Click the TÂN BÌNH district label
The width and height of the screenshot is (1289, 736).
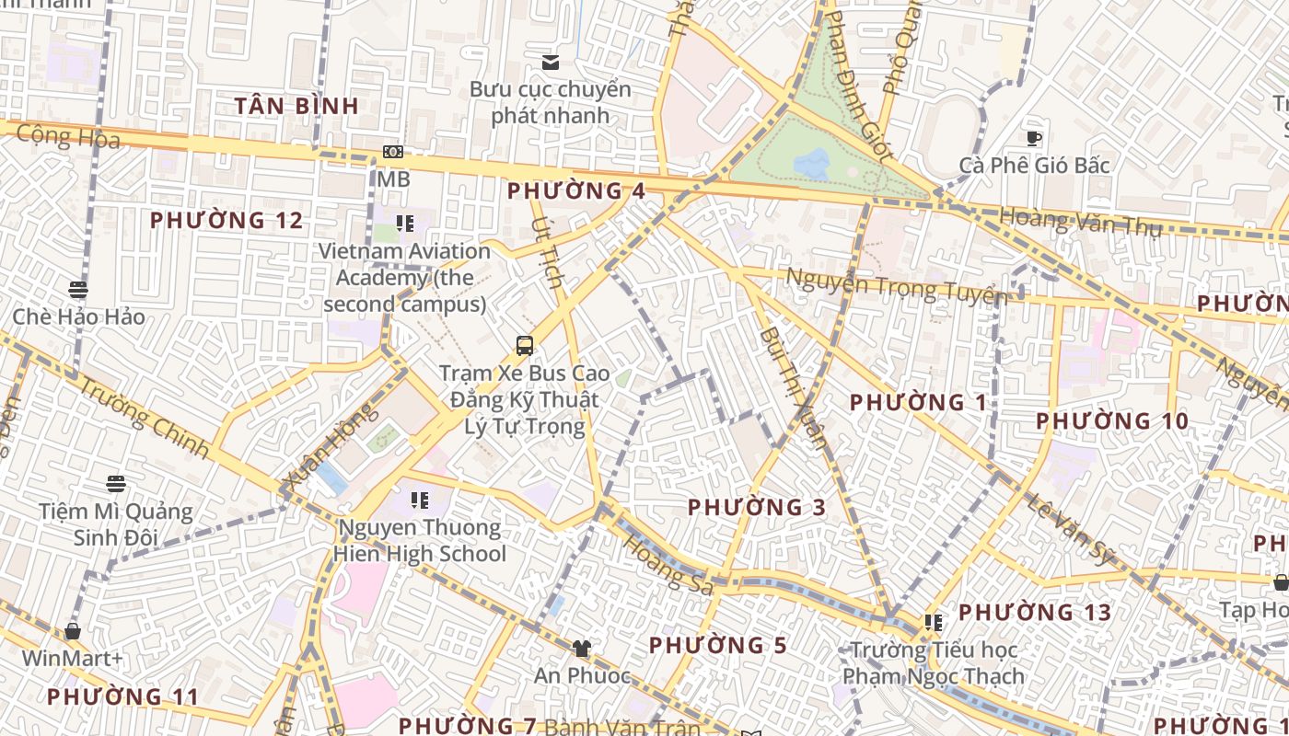pyautogui.click(x=296, y=106)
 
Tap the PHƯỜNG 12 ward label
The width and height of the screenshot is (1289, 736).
pyautogui.click(x=226, y=221)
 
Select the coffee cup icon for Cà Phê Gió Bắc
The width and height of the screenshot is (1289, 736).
pyautogui.click(x=1034, y=139)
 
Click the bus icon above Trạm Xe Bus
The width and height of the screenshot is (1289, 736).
pyautogui.click(x=524, y=346)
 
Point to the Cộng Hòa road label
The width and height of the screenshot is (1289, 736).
pyautogui.click(x=68, y=137)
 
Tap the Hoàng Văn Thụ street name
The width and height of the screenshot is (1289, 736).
pyautogui.click(x=1080, y=222)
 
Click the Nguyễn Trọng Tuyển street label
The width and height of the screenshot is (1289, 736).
pyautogui.click(x=896, y=285)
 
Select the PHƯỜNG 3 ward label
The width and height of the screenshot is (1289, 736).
pyautogui.click(x=757, y=507)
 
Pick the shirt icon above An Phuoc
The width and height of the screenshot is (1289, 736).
pyautogui.click(x=581, y=649)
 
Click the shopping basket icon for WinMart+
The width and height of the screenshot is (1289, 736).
pyautogui.click(x=73, y=631)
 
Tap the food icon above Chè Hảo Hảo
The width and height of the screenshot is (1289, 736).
pyautogui.click(x=78, y=289)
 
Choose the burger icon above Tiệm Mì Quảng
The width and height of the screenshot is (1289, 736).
pyautogui.click(x=115, y=484)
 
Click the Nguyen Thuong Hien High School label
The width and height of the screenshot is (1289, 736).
pyautogui.click(x=420, y=541)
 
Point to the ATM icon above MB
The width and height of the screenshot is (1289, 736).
pyautogui.click(x=393, y=152)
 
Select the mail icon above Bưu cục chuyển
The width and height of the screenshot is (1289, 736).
pyautogui.click(x=551, y=63)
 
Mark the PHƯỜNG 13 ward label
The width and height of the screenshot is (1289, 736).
pyautogui.click(x=1035, y=613)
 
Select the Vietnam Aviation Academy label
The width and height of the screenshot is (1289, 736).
pyautogui.click(x=405, y=277)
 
